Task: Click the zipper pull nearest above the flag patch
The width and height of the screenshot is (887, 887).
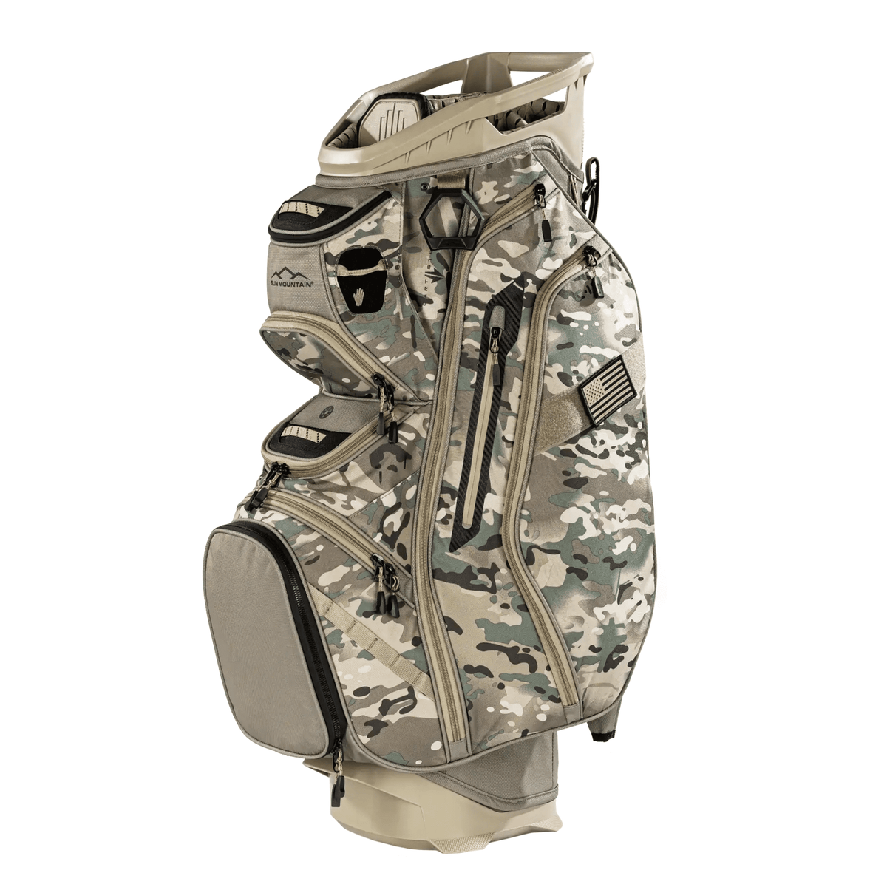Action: pos(591,258)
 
